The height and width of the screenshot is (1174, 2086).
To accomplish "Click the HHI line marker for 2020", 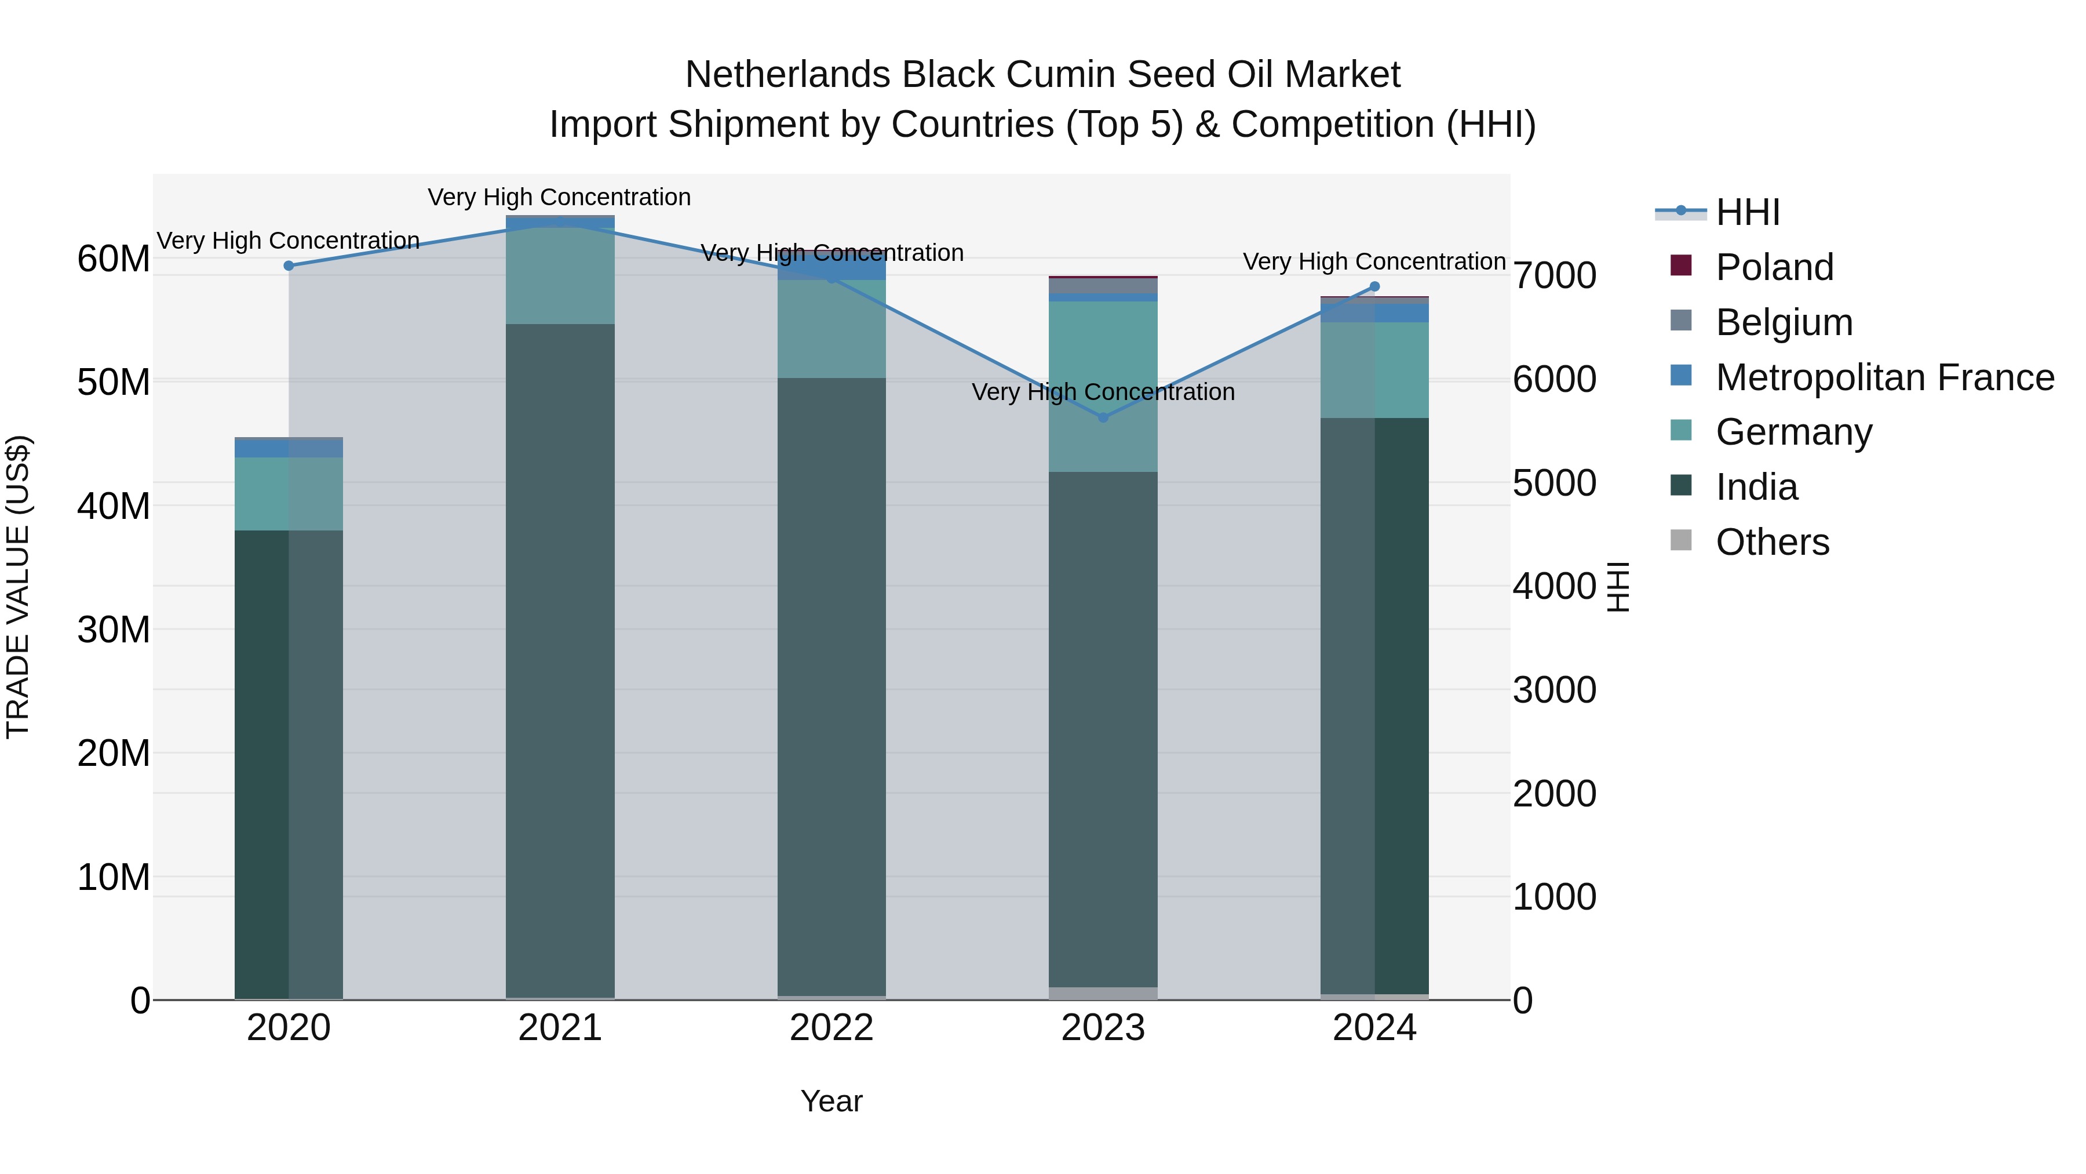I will coord(289,266).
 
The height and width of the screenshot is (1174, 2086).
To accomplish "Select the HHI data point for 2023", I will coord(1103,417).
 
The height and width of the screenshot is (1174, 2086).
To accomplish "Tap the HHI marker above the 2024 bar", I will coord(1374,287).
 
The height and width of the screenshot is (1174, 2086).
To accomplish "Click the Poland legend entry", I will coord(1774,267).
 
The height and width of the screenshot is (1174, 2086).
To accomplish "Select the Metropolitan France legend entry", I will coord(1884,377).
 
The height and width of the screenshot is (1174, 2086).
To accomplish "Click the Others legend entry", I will coord(1772,542).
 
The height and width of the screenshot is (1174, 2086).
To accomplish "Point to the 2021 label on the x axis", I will coord(560,1028).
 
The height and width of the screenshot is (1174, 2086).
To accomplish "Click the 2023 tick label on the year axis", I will coord(1103,1028).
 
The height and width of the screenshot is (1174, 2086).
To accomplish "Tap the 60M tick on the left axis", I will coord(114,259).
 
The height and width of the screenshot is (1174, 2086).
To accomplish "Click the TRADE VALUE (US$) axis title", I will coord(18,587).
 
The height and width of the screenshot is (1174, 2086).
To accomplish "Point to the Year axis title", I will coord(832,1101).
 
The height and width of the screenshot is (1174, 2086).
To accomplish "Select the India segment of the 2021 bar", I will coord(560,648).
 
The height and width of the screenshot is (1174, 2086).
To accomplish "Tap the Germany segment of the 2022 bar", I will coord(832,328).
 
